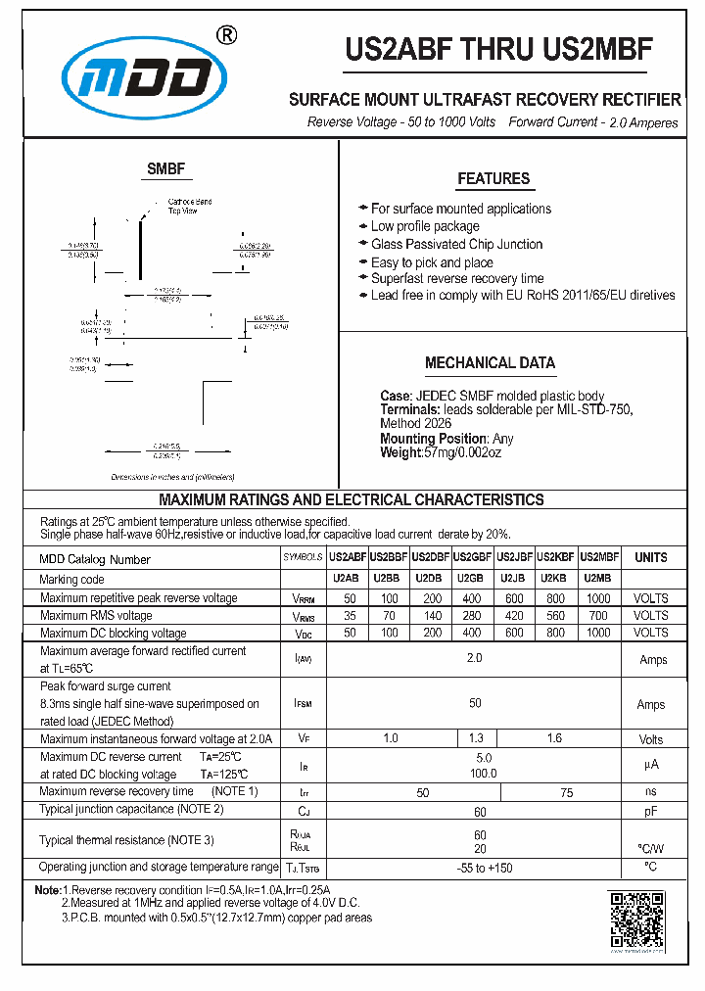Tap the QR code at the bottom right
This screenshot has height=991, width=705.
pyautogui.click(x=636, y=920)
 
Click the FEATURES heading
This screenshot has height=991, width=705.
pyautogui.click(x=493, y=178)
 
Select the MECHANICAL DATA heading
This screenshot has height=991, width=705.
pyautogui.click(x=490, y=362)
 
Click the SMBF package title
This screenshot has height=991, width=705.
pyautogui.click(x=165, y=168)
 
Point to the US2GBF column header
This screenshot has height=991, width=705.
pyautogui.click(x=474, y=557)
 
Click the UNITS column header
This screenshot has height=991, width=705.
pyautogui.click(x=651, y=557)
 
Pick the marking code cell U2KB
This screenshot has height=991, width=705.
pyautogui.click(x=555, y=578)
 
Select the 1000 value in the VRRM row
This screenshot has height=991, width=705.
pyautogui.click(x=598, y=597)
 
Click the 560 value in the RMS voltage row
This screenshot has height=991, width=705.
pyautogui.click(x=555, y=616)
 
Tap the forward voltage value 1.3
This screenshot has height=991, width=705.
pyautogui.click(x=476, y=738)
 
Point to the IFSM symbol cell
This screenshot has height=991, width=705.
pyautogui.click(x=303, y=704)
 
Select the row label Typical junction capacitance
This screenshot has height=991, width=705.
pyautogui.click(x=132, y=809)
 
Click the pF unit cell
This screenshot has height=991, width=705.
pyautogui.click(x=651, y=811)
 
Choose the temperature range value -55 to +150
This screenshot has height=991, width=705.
pyautogui.click(x=476, y=868)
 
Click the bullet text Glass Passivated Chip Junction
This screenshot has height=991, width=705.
pyautogui.click(x=456, y=244)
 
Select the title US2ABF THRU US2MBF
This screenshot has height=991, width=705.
pyautogui.click(x=498, y=51)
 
